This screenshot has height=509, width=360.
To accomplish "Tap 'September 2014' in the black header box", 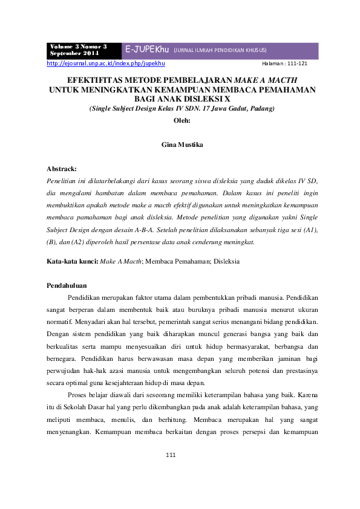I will pyautogui.click(x=75, y=53).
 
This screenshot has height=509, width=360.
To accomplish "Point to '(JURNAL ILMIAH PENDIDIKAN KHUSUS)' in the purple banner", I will pyautogui.click(x=220, y=50).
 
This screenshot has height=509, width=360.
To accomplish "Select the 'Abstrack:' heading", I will pyautogui.click(x=62, y=169).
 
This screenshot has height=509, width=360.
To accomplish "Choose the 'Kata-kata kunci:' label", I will pyautogui.click(x=72, y=261).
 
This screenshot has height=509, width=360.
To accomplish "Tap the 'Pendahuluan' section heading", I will pyautogui.click(x=67, y=285).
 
